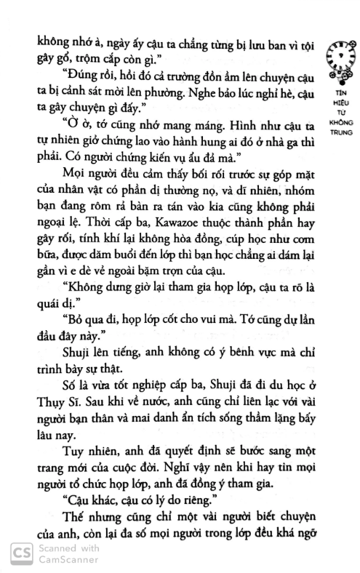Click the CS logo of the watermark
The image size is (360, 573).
(17, 555)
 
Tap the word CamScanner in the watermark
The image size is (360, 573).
(63, 561)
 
